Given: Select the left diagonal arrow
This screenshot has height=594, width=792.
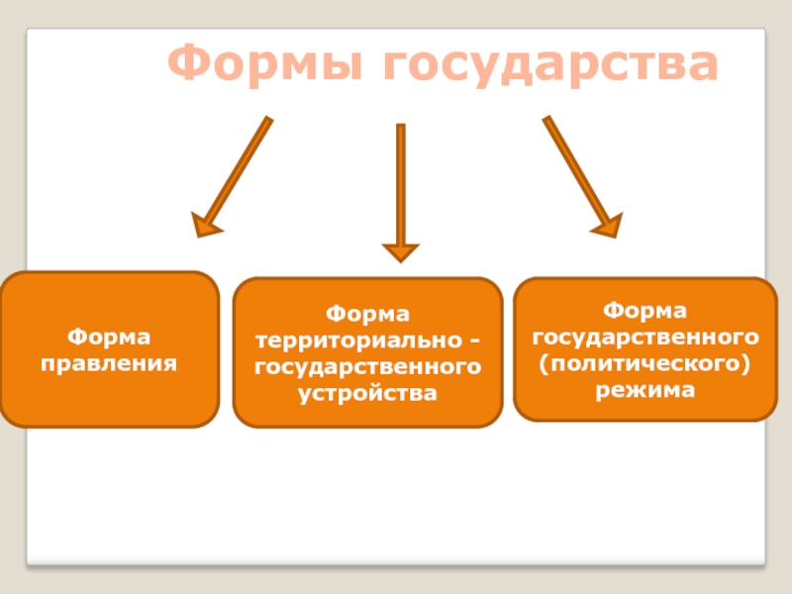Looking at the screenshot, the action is point(234,176).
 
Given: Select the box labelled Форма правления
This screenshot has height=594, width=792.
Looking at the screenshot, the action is point(109,349).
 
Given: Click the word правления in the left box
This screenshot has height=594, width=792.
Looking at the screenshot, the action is point(109,363).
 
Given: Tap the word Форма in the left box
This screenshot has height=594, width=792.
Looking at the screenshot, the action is point(109,338).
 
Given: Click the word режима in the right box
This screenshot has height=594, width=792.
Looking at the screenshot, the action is point(645,390).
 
